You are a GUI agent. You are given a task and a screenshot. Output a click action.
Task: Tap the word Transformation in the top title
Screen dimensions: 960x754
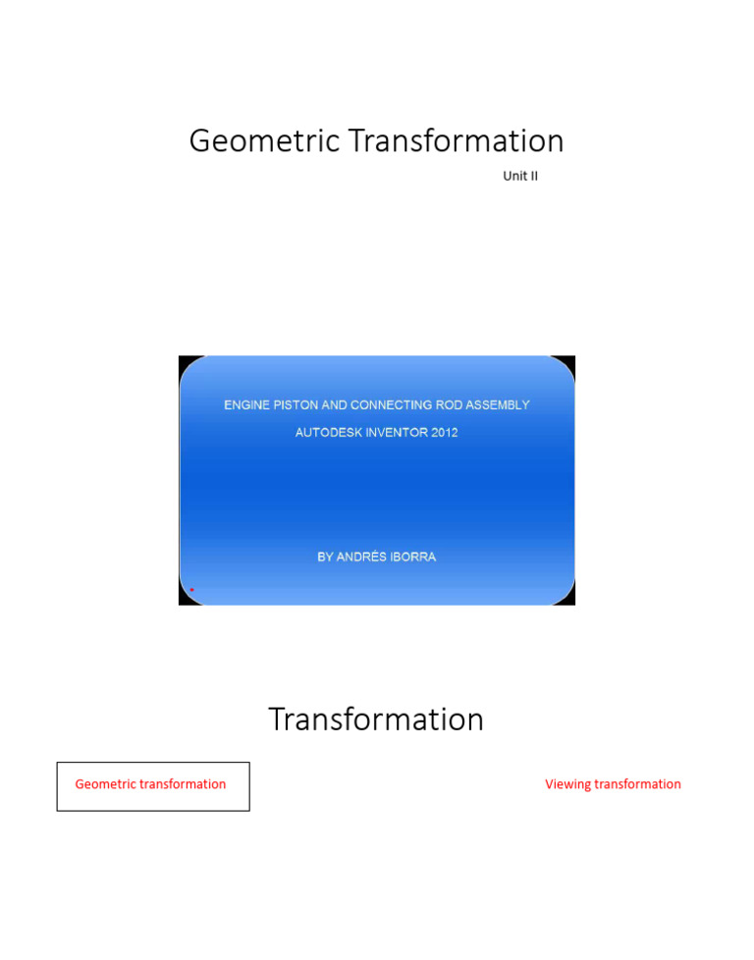pyautogui.click(x=457, y=141)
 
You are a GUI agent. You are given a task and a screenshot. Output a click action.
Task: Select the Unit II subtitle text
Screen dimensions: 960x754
pyautogui.click(x=520, y=177)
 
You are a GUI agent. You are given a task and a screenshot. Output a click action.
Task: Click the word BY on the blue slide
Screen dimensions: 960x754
pyautogui.click(x=325, y=557)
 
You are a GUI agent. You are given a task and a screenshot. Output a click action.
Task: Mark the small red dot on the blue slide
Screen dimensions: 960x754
pyautogui.click(x=191, y=590)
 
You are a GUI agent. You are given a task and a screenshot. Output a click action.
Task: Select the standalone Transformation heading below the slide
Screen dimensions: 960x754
pyautogui.click(x=376, y=720)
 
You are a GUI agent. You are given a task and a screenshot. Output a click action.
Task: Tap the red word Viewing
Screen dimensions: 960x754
pyautogui.click(x=568, y=784)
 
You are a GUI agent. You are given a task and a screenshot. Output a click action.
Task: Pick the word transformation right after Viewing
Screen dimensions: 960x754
pyautogui.click(x=637, y=784)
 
